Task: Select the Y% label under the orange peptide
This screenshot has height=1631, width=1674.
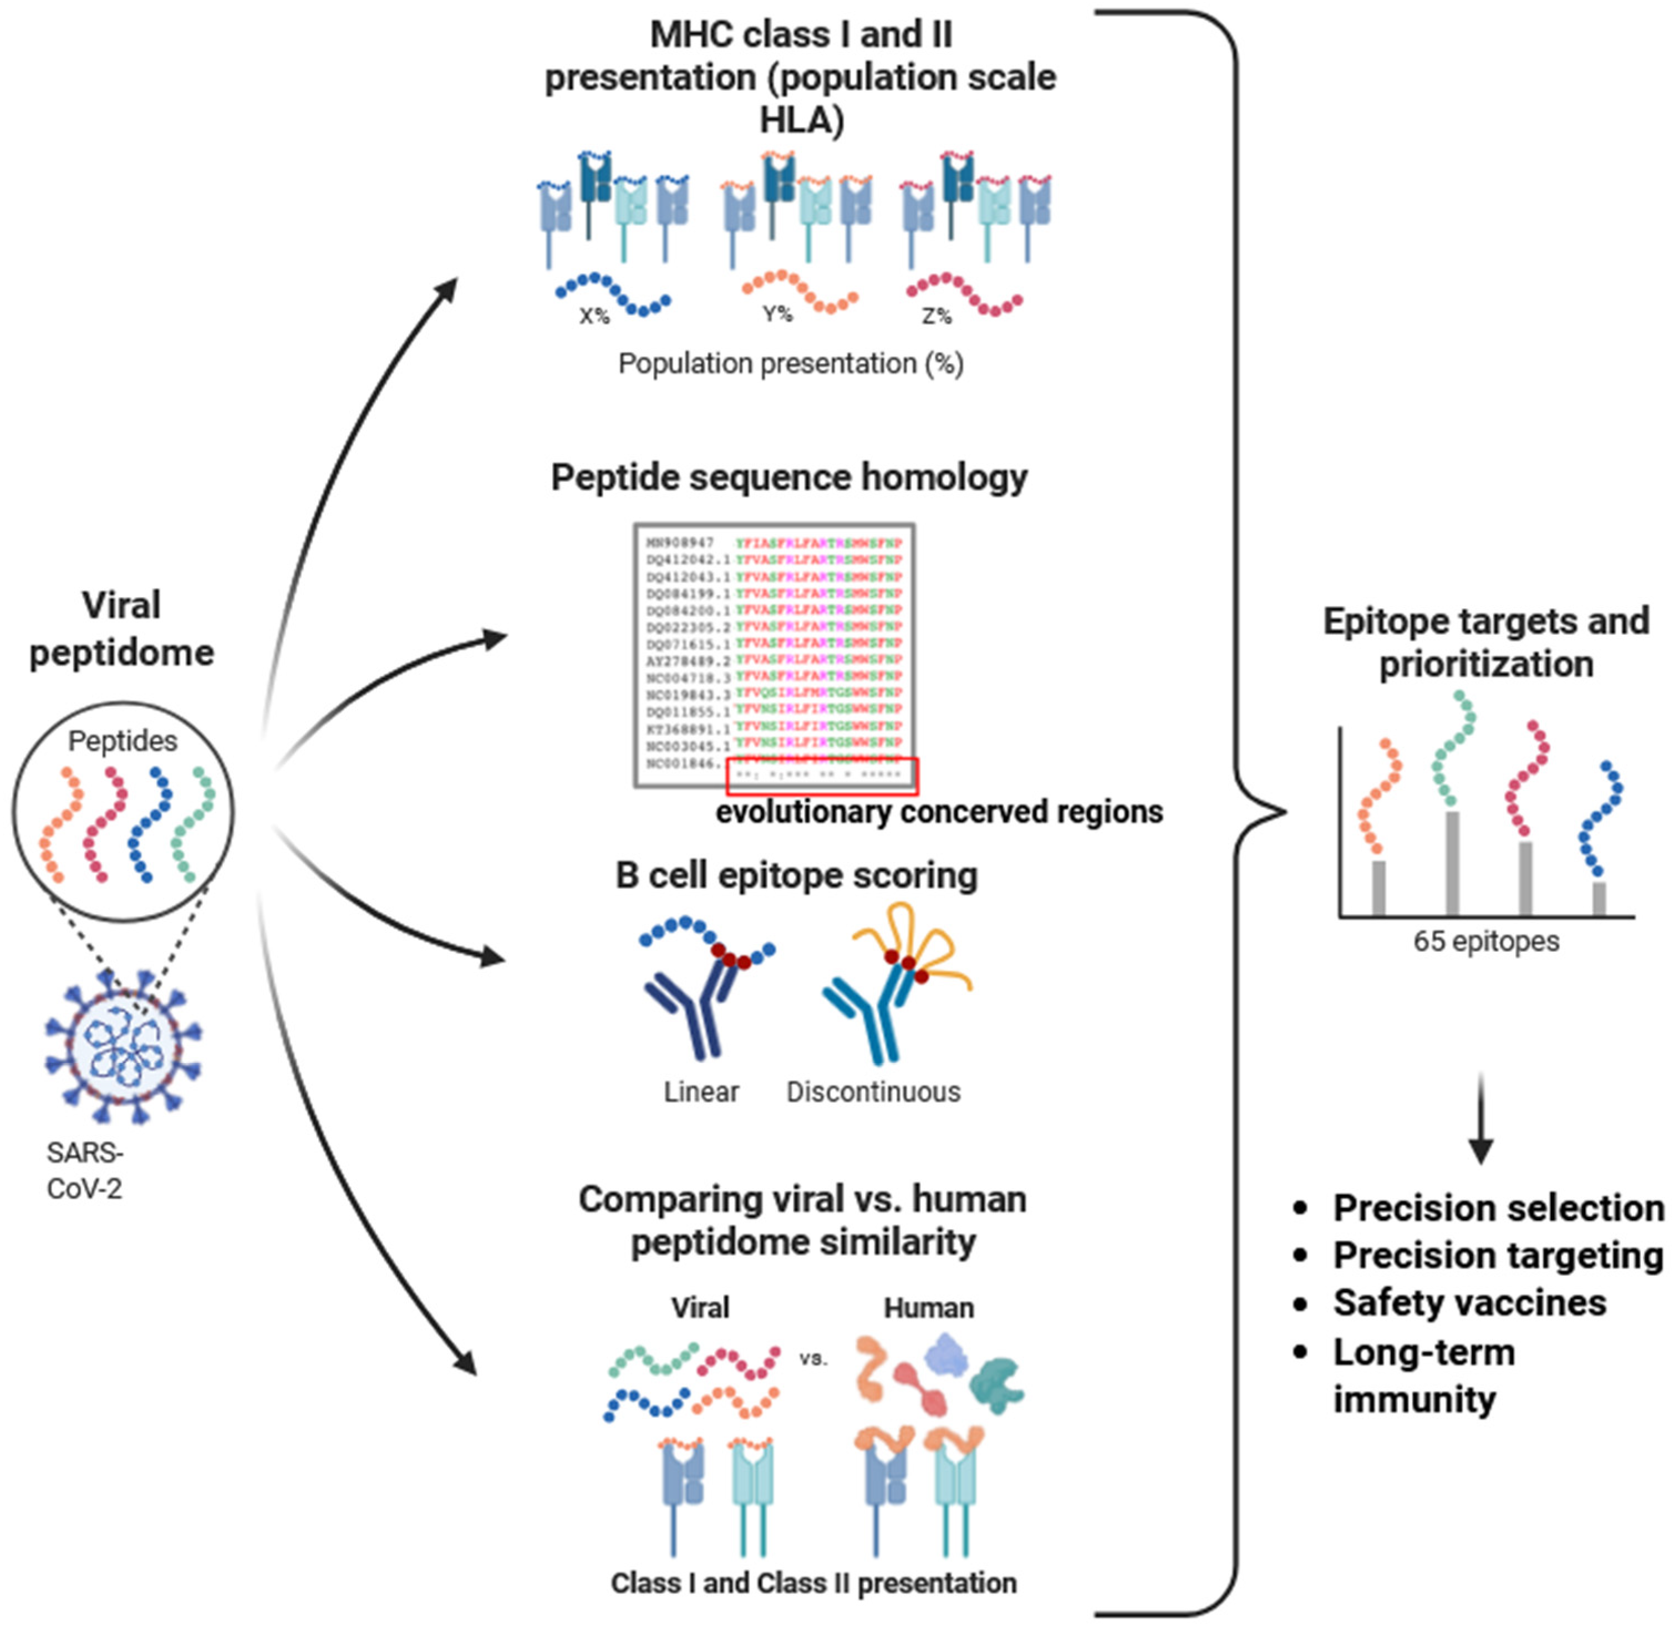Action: (777, 314)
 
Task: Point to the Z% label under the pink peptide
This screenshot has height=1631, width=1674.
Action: (937, 316)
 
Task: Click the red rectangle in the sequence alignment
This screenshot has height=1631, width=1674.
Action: (822, 775)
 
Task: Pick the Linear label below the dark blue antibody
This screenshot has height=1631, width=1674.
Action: (701, 1092)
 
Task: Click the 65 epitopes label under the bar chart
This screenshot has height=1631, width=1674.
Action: (1485, 941)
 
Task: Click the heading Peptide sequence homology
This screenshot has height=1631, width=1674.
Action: (788, 477)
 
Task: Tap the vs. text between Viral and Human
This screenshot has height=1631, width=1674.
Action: (813, 1359)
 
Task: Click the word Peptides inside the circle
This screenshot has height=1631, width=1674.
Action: (123, 741)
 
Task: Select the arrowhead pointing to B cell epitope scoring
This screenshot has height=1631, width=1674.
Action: (492, 957)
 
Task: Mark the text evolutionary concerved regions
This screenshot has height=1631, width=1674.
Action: (939, 811)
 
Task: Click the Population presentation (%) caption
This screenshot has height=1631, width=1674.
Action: (790, 364)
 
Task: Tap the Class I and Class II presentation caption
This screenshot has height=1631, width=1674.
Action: (813, 1583)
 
